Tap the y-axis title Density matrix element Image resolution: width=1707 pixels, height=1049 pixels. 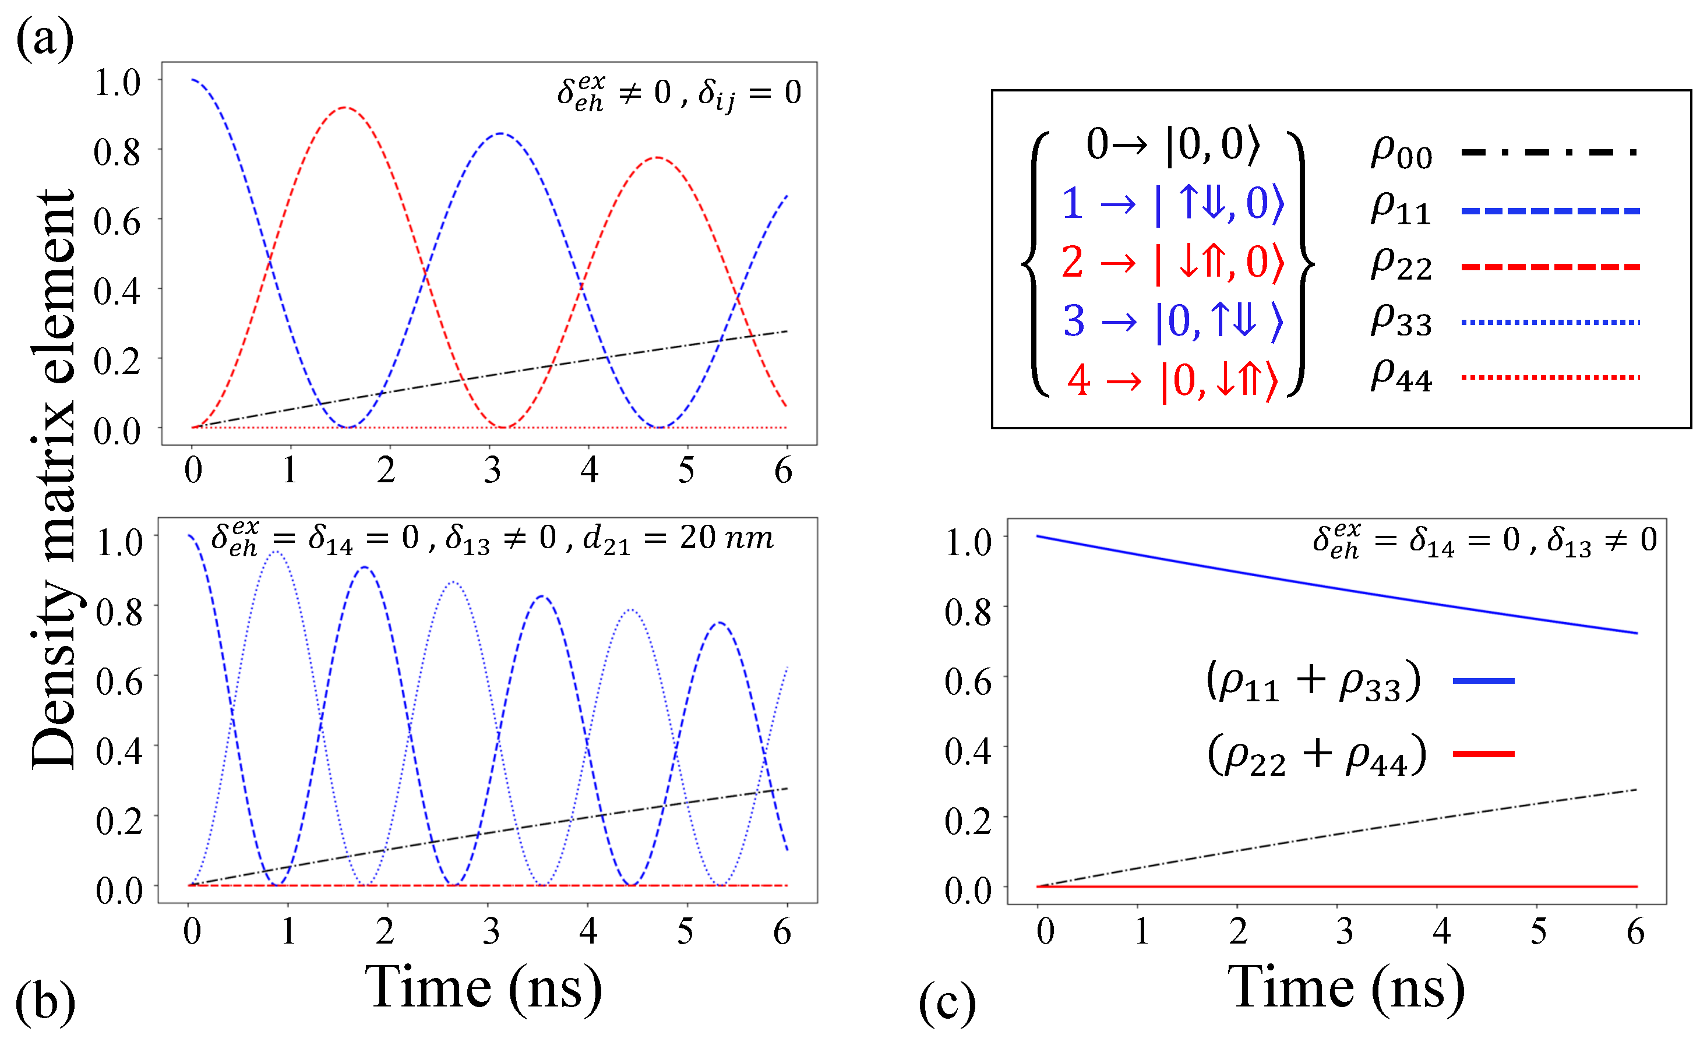pos(54,479)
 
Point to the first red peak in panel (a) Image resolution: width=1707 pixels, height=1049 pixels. pos(345,108)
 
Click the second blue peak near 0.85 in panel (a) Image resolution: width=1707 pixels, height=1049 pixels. pos(500,134)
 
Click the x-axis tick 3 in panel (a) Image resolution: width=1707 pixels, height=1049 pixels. pos(492,471)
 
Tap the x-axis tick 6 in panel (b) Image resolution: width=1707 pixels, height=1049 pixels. pos(782,932)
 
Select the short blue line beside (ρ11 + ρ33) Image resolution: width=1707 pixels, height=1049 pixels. pos(1483,681)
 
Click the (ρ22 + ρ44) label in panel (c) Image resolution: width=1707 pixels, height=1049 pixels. pos(1316,755)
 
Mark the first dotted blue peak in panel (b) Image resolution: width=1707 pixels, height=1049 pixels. pos(276,553)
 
